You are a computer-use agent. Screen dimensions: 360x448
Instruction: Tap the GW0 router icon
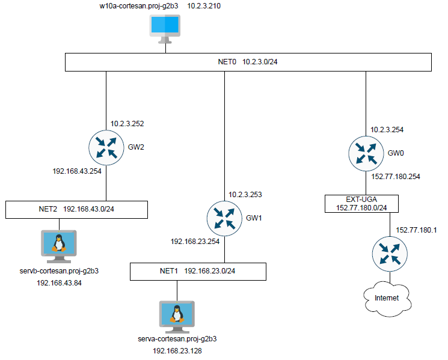click(x=364, y=154)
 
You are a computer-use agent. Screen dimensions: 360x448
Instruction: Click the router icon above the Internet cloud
click(x=388, y=252)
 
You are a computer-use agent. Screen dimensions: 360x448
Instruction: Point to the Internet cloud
click(x=387, y=297)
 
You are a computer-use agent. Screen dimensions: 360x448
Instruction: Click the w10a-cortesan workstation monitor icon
click(x=165, y=29)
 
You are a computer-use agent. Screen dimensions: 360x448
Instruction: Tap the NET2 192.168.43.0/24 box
click(x=76, y=210)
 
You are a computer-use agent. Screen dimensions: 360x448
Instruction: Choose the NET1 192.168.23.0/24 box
click(x=198, y=271)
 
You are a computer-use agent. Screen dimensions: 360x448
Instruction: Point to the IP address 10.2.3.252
click(x=127, y=124)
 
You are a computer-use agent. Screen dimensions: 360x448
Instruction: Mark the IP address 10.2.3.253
click(x=245, y=194)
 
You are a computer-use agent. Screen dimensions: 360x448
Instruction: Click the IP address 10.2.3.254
click(x=387, y=129)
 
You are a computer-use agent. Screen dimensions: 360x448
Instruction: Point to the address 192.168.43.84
click(x=59, y=282)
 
